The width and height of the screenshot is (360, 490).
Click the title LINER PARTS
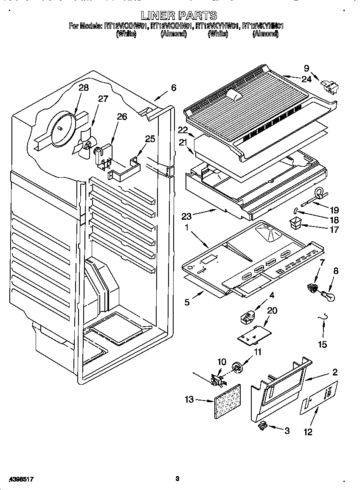(179, 16)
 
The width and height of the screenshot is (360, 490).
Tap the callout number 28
(84, 88)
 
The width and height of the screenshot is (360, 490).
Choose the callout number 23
(187, 216)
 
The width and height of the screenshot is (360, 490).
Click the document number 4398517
(18, 479)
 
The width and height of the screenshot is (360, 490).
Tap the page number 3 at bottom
(177, 479)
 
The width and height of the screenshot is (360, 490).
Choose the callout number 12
(308, 432)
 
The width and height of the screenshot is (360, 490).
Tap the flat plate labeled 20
(254, 334)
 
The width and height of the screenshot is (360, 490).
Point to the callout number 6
(173, 88)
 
